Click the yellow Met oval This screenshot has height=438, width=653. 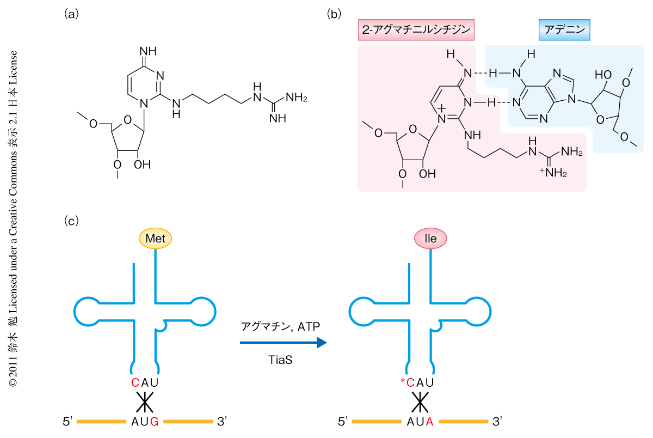pos(156,238)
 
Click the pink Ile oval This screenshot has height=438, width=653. pos(430,238)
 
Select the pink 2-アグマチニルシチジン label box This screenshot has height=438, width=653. pos(416,30)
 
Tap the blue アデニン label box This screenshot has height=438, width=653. pos(564,30)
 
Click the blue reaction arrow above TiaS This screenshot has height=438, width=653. pos(283,343)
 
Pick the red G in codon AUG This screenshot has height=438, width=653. pos(154,421)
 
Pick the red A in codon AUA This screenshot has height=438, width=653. pos(429,421)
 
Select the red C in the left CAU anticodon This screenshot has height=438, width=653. pos(135,383)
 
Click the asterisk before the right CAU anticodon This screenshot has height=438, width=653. pos(403,381)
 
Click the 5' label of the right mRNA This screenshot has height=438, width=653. pos(343,421)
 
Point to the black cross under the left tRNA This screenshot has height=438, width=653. pos(144,403)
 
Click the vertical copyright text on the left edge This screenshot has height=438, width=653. pos(13,218)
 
